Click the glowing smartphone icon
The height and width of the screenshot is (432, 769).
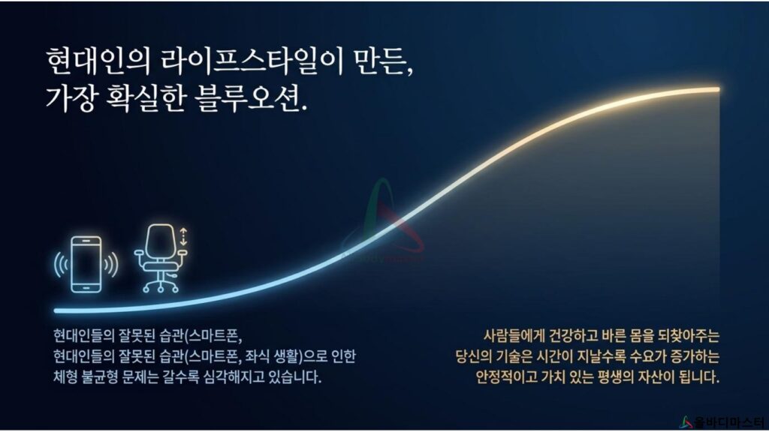[x=86, y=265]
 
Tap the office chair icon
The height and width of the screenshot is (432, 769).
[x=161, y=258]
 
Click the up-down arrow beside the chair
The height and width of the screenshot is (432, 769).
[x=183, y=236]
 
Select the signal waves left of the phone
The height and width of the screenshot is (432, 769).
[x=61, y=265]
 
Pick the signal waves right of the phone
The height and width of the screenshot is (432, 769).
[x=111, y=265]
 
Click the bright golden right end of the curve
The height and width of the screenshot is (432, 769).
[x=717, y=89]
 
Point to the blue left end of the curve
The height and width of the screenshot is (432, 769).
[x=56, y=310]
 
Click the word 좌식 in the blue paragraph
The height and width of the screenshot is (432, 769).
[x=259, y=356]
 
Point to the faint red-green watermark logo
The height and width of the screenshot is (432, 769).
[x=383, y=220]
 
